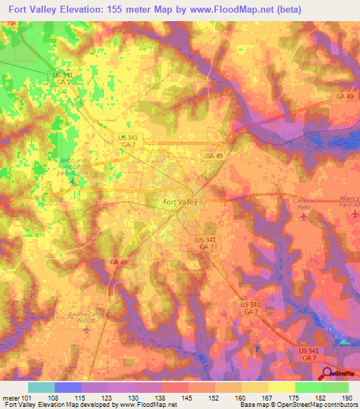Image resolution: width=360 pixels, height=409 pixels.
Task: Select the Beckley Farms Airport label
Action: (86, 317)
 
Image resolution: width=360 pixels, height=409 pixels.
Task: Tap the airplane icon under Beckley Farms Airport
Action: (86, 330)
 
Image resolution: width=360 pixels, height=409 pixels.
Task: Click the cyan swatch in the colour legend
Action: (41, 387)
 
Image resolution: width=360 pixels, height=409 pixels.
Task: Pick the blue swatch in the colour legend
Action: (68, 387)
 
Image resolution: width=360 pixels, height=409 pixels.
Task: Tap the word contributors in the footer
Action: (340, 405)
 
